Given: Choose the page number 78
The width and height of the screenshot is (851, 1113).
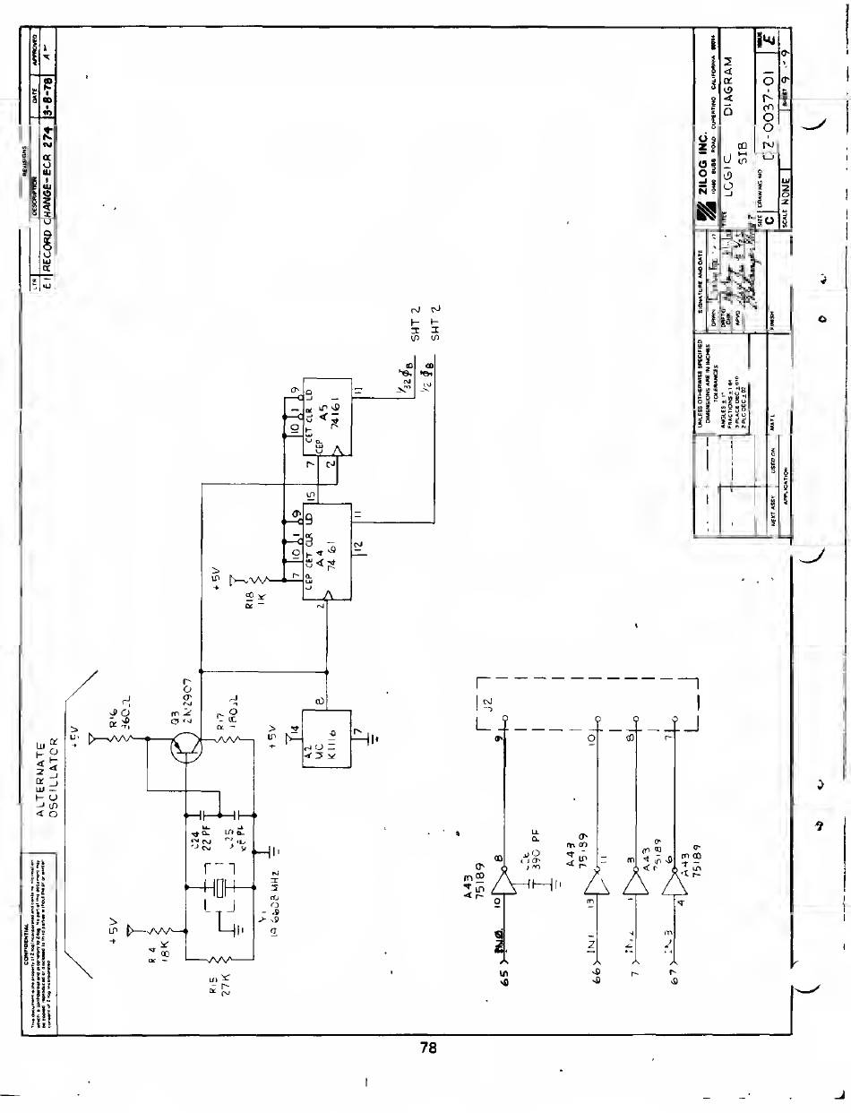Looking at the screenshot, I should coord(427,1049).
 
